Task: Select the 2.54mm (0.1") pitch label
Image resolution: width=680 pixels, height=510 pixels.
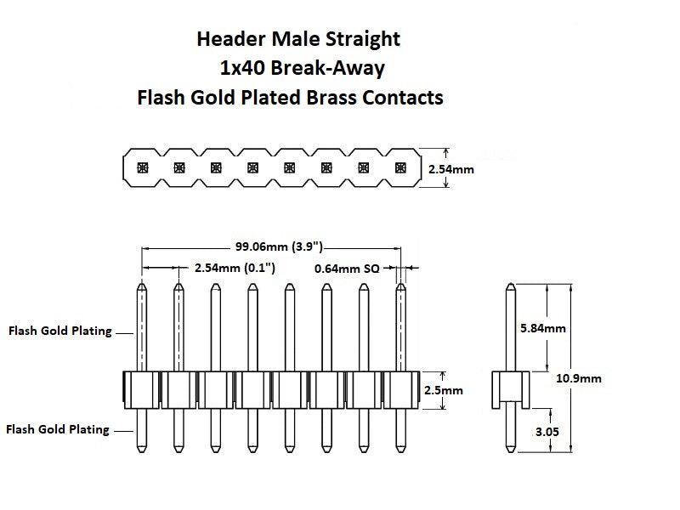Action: [233, 268]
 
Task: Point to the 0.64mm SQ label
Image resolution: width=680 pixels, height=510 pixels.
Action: [347, 268]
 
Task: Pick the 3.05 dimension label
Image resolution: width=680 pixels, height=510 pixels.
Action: [549, 432]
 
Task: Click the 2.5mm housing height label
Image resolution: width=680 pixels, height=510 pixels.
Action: [443, 390]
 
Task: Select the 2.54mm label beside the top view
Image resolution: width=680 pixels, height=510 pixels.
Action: [451, 169]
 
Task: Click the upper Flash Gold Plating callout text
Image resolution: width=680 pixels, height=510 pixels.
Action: [59, 331]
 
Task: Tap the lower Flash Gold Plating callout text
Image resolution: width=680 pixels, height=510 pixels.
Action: [57, 429]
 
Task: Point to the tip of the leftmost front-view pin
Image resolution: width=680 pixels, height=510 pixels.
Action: [142, 287]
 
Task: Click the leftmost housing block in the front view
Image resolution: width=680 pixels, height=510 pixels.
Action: [142, 390]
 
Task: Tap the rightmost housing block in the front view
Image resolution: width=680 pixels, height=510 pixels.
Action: [400, 390]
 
